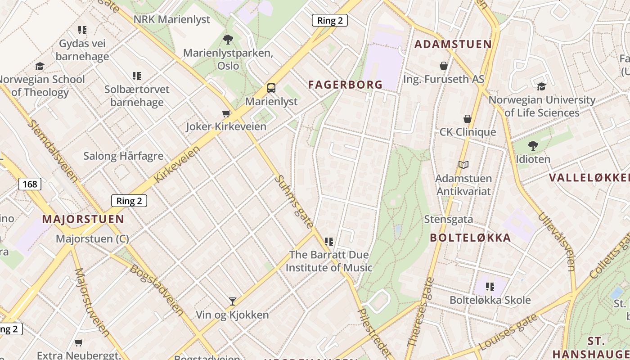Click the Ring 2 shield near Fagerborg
[x=329, y=20]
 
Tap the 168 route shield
[x=30, y=184]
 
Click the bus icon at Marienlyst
[x=271, y=88]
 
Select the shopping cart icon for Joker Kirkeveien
[x=226, y=113]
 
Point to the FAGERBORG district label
[x=345, y=84]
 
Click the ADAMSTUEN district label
[x=453, y=44]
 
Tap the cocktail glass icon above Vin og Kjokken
[x=233, y=301]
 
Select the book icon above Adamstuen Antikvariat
[x=463, y=165]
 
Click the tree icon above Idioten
[x=533, y=145]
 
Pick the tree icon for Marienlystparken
[x=228, y=39]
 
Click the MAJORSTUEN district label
[x=83, y=219]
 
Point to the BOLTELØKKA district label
[x=470, y=238]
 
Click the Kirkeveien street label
[x=176, y=164]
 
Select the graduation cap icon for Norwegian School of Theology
[x=40, y=66]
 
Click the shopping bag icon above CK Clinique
[x=468, y=119]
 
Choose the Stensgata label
[x=449, y=219]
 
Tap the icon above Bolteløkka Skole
[x=490, y=286]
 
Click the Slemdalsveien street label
[x=52, y=150]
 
